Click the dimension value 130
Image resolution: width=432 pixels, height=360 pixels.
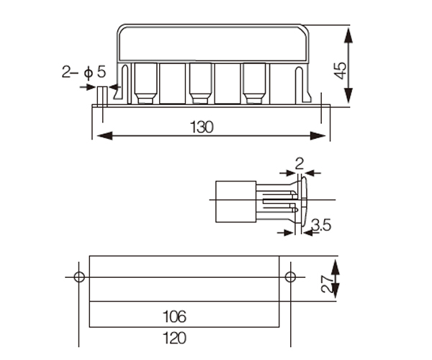[x=202, y=127]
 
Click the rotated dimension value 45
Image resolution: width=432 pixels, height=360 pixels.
[x=341, y=71]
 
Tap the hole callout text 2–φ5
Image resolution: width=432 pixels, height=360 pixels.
[x=84, y=72]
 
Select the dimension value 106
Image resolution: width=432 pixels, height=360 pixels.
[x=175, y=317]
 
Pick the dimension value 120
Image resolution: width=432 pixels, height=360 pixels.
[x=175, y=338]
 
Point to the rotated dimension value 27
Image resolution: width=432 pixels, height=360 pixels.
[x=327, y=284]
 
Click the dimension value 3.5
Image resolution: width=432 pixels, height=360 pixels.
[x=321, y=225]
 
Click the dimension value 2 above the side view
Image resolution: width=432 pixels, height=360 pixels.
[x=300, y=164]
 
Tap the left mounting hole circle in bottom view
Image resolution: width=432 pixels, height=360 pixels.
[x=79, y=276]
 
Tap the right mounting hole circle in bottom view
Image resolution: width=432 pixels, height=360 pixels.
[x=290, y=276]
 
